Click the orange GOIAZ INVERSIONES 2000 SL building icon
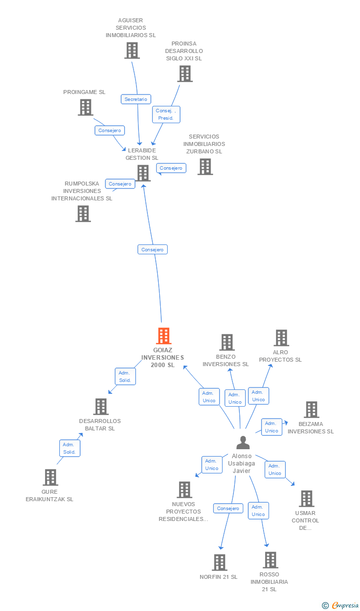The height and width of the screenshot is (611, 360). pos(163,336)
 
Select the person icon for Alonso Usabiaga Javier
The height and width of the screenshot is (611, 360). pos(243,442)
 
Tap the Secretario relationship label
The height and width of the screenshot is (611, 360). pos(136,99)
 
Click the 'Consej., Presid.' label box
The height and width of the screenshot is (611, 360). pos(166,114)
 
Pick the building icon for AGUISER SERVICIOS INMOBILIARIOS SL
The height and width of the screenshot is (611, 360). pos(132,50)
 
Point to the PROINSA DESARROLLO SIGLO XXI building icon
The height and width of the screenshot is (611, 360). pos(185,74)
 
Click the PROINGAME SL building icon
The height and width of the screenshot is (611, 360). pos(86,107)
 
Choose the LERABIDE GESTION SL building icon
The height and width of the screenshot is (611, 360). pos(143,173)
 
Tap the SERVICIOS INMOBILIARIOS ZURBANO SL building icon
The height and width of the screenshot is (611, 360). pos(205,167)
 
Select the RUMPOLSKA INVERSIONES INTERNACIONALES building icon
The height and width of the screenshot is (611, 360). pos(83,214)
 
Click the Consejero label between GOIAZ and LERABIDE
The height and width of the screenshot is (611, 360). pos(152,250)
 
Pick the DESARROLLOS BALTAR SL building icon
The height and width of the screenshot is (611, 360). pos(101,407)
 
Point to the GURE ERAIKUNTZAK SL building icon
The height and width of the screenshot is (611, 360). pos(50,477)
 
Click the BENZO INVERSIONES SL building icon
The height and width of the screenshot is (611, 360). pos(227,342)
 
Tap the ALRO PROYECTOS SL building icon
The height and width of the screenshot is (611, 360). pos(281,338)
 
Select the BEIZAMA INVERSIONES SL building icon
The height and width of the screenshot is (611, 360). pos(312,410)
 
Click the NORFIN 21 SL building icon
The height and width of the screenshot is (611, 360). pos(220,563)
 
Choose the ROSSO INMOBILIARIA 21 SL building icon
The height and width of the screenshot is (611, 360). pos(270,560)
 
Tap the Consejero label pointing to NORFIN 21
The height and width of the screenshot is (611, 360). pos(228,508)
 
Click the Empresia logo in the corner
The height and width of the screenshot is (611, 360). pos(341,605)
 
